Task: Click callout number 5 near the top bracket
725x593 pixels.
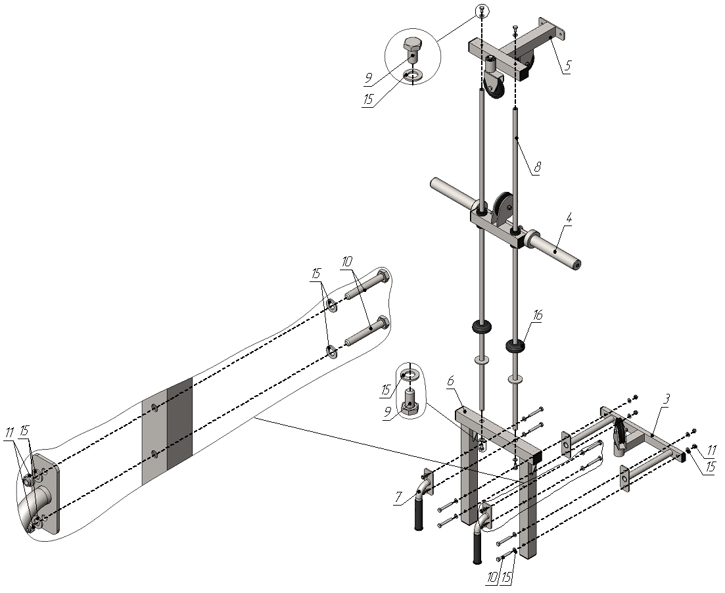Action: (567, 65)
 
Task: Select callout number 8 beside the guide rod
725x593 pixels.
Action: (537, 166)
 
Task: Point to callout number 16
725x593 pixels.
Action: (537, 316)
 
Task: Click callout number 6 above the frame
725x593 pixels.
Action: (451, 381)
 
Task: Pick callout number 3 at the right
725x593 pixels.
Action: (665, 399)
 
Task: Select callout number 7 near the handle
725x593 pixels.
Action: (399, 498)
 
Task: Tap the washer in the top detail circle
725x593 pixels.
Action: (412, 76)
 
